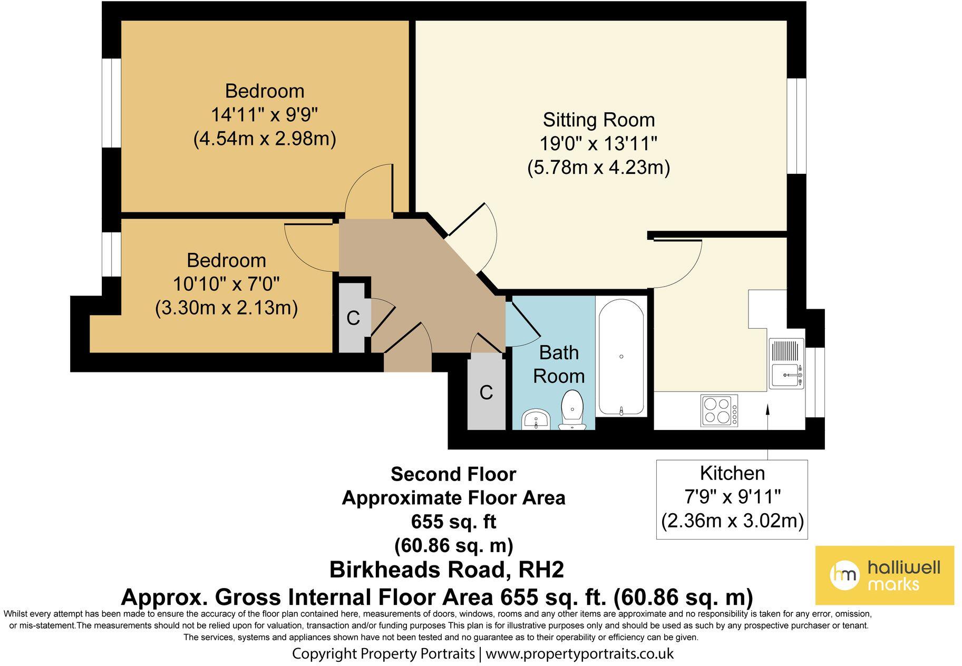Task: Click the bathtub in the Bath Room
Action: pyautogui.click(x=621, y=357)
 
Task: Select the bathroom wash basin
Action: pyautogui.click(x=536, y=420)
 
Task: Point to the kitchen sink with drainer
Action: pyautogui.click(x=786, y=364)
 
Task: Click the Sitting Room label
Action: pyautogui.click(x=599, y=120)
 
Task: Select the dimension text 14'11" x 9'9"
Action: pyautogui.click(x=265, y=114)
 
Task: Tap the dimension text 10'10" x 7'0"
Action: pyautogui.click(x=226, y=285)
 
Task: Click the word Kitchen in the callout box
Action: pyautogui.click(x=732, y=473)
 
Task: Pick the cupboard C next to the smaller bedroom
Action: pyautogui.click(x=353, y=318)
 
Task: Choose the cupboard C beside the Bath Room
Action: pyautogui.click(x=486, y=393)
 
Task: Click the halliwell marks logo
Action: pyautogui.click(x=885, y=575)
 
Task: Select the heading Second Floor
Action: pyautogui.click(x=453, y=474)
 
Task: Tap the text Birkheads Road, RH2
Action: pyautogui.click(x=446, y=570)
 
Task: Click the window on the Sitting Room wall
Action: pyautogui.click(x=796, y=126)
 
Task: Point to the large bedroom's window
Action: pyautogui.click(x=111, y=103)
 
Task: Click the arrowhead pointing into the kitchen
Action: pyautogui.click(x=767, y=408)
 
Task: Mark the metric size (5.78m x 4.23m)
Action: pyautogui.click(x=599, y=168)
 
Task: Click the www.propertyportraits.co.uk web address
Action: pyautogui.click(x=579, y=654)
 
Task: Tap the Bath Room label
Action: pyautogui.click(x=558, y=364)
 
